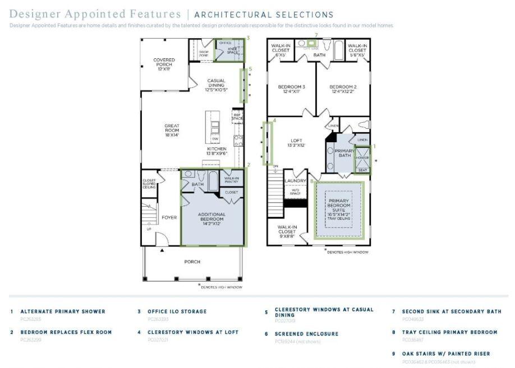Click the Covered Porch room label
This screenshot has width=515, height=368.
pyautogui.click(x=164, y=63)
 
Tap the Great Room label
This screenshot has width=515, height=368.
pyautogui.click(x=172, y=128)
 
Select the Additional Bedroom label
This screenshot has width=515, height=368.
pyautogui.click(x=211, y=217)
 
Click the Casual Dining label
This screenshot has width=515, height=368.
pyautogui.click(x=216, y=84)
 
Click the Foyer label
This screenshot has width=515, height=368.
pyautogui.click(x=169, y=217)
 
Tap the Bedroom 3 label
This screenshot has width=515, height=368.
pyautogui.click(x=291, y=87)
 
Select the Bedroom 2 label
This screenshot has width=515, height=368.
pyautogui.click(x=343, y=87)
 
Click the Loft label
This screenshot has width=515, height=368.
pyautogui.click(x=296, y=142)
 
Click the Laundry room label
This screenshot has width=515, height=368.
pyautogui.click(x=295, y=181)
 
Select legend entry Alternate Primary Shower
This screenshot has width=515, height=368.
pyautogui.click(x=62, y=311)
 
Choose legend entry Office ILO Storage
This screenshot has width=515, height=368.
pyautogui.click(x=177, y=311)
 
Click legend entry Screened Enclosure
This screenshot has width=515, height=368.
pyautogui.click(x=306, y=334)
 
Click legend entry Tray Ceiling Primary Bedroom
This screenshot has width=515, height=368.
pyautogui.click(x=449, y=332)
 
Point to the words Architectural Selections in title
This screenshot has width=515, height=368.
pyautogui.click(x=264, y=15)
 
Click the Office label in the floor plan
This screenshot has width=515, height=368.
pyautogui.click(x=225, y=43)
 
